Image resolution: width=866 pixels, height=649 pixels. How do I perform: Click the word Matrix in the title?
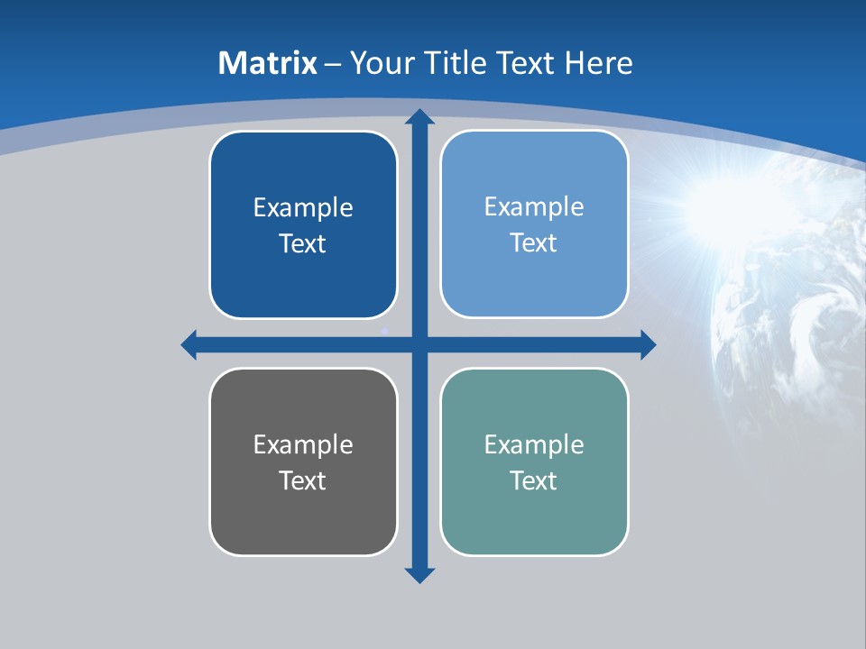click(x=267, y=63)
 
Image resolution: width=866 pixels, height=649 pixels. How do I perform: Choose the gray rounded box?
click(x=303, y=514)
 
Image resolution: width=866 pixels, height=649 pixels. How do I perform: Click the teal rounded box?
click(x=534, y=514)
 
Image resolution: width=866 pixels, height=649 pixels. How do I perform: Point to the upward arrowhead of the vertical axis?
click(x=419, y=116)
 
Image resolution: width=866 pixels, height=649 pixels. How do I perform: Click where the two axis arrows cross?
click(x=419, y=344)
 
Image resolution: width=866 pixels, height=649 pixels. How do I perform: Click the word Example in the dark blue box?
click(x=303, y=208)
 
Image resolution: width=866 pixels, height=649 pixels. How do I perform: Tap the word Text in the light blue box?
click(x=533, y=243)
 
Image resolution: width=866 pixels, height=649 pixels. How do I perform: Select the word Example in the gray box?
click(x=303, y=445)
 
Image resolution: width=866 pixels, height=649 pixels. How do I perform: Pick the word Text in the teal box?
click(x=533, y=481)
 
